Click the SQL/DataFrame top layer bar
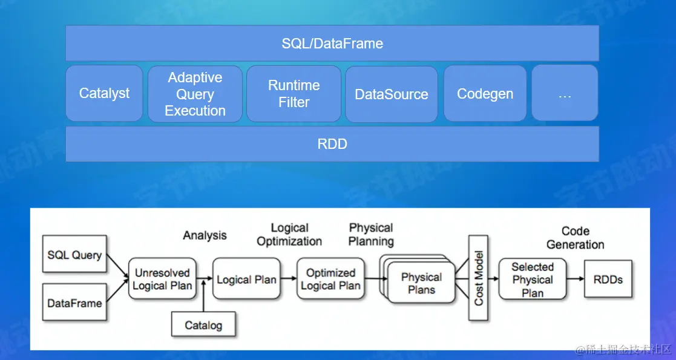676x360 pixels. (332, 44)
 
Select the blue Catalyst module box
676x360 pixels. (104, 94)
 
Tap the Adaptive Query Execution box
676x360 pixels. (195, 94)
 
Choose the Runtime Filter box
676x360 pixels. (294, 94)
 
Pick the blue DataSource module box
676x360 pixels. (391, 94)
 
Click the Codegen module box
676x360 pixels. (485, 94)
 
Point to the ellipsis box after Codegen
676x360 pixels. (564, 94)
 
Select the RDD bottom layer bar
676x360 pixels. (332, 144)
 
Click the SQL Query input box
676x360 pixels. (74, 255)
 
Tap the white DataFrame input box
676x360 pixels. (74, 303)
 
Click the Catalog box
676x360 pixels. (203, 326)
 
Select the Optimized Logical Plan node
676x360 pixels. (330, 280)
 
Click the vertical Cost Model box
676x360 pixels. (478, 278)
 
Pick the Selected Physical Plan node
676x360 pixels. (532, 280)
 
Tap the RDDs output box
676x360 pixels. (608, 280)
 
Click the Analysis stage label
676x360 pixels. (205, 235)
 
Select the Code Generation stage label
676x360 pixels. (575, 238)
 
